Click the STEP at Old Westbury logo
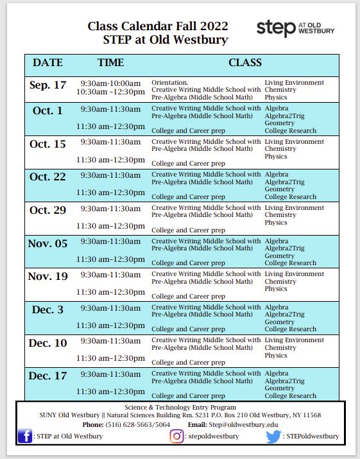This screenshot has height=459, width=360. (x=295, y=28)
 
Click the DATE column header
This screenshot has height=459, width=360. (x=47, y=63)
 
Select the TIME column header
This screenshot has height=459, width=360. (x=110, y=63)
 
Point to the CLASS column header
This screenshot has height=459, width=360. (x=244, y=63)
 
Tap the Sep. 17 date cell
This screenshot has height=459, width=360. (x=47, y=85)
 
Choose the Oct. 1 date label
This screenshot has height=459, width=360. (x=47, y=110)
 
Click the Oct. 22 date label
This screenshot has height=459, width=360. (x=47, y=177)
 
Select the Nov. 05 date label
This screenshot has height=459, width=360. (x=47, y=243)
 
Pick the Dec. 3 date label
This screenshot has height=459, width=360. (x=47, y=309)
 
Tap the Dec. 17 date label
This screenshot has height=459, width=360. (x=47, y=376)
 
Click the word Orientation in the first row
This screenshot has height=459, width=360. (x=169, y=83)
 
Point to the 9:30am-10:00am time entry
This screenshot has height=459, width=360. (x=110, y=83)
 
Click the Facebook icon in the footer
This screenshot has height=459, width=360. (x=26, y=437)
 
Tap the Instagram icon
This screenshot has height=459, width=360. (x=176, y=437)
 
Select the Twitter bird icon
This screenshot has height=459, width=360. (x=273, y=437)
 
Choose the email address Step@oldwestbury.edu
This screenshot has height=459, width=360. (x=242, y=424)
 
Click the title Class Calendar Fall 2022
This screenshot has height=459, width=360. (x=157, y=26)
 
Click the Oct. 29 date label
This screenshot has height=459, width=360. (x=47, y=210)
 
